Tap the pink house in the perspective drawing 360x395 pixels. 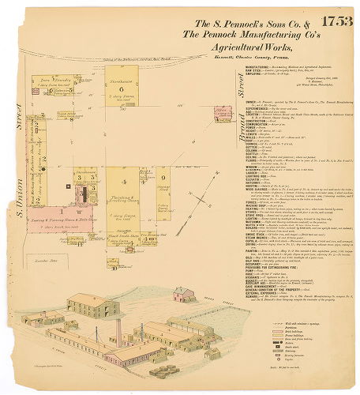(x=185, y=294)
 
